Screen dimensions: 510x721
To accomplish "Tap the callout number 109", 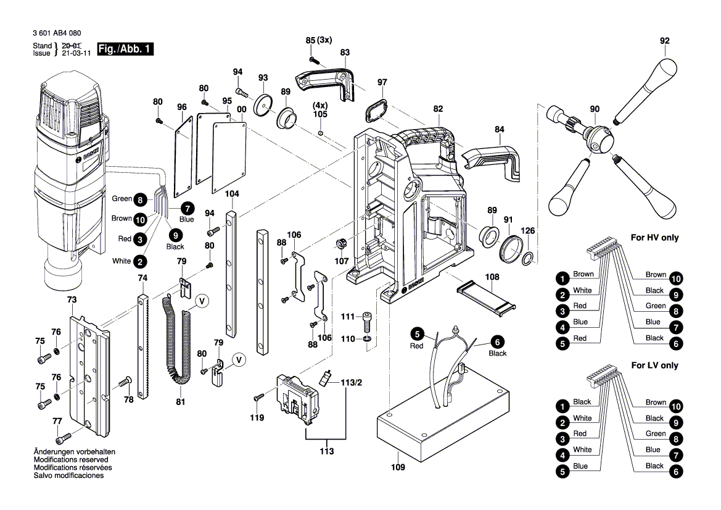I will pos(398,467).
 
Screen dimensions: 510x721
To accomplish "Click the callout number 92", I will pos(664,41).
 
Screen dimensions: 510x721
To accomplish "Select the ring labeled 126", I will pos(529,258).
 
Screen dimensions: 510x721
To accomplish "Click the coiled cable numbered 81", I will pos(177,340).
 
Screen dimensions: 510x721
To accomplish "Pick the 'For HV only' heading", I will pos(654,238).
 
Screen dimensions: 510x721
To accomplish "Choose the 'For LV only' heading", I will pos(654,366).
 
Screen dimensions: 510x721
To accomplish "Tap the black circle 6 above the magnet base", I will pos(498,341).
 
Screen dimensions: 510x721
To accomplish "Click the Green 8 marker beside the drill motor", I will pos(141,199).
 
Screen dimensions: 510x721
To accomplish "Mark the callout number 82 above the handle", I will pos(438,109).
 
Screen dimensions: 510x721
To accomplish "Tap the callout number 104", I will pos(232,194).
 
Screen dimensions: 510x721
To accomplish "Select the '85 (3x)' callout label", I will pos(319,40).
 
